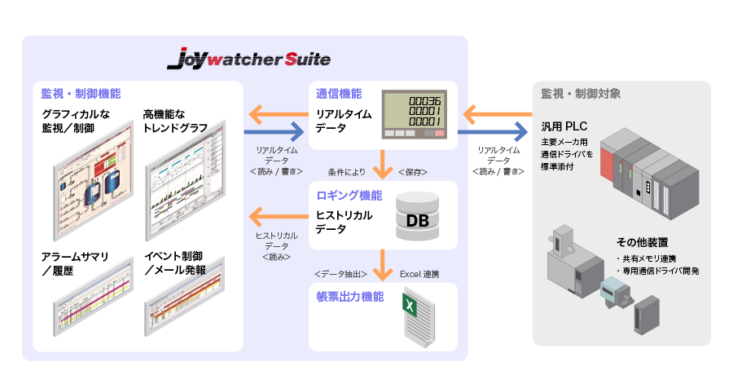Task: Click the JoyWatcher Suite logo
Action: [x=248, y=60]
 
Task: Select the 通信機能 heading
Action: [x=339, y=93]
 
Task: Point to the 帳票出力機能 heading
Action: [x=349, y=297]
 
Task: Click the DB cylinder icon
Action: [x=417, y=218]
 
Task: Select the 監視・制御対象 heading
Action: [x=581, y=93]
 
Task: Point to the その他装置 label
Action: [x=643, y=242]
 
